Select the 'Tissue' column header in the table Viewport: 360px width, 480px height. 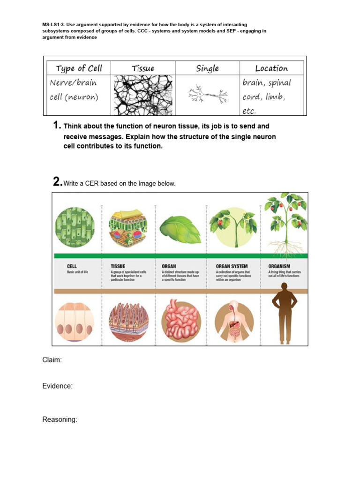(x=143, y=68)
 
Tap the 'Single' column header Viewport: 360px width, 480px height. (x=207, y=68)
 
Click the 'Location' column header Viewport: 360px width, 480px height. (x=271, y=68)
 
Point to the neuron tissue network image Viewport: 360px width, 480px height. (x=143, y=95)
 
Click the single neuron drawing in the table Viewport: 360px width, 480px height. (x=207, y=96)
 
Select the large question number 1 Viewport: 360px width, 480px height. (x=57, y=126)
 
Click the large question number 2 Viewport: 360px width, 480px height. (x=57, y=182)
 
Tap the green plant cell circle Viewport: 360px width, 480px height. (x=75, y=227)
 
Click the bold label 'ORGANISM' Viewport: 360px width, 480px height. (x=280, y=266)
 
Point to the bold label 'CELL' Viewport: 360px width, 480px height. (x=72, y=266)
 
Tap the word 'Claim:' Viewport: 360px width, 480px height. (x=52, y=360)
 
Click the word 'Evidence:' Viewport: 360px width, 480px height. (x=57, y=386)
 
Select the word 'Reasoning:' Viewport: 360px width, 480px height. (x=60, y=420)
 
